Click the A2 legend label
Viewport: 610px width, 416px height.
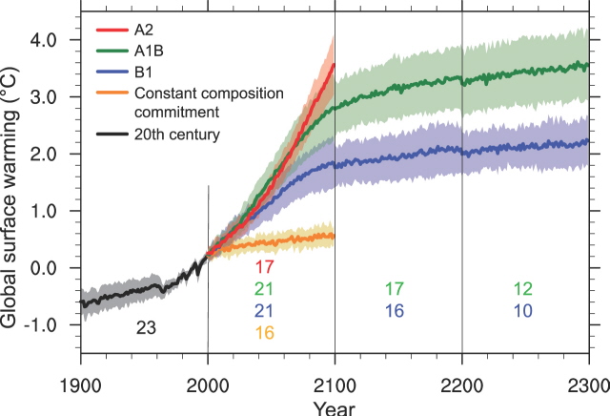tap(145, 30)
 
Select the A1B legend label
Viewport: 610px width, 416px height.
tap(149, 51)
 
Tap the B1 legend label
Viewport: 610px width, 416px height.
tap(144, 72)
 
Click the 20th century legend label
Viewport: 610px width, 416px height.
tap(177, 135)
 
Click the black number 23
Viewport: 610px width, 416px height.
tap(146, 328)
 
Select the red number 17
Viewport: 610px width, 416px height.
tap(265, 268)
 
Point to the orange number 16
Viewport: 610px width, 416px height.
tap(265, 332)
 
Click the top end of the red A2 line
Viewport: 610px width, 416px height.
tap(334, 65)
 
